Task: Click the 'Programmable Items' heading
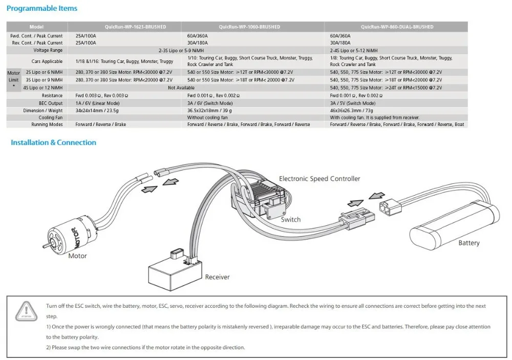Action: tap(42, 8)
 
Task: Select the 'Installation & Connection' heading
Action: tap(53, 142)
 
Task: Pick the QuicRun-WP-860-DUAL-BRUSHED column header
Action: tap(397, 27)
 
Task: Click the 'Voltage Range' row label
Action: tap(48, 50)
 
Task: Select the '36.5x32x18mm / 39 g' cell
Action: tap(209, 110)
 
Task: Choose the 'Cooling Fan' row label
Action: tap(50, 117)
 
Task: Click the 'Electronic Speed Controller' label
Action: tap(319, 179)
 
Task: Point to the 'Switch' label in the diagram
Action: tap(291, 220)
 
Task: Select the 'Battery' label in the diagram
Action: tap(468, 243)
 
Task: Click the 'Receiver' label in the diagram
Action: tap(217, 277)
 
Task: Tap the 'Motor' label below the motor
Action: tap(77, 256)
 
